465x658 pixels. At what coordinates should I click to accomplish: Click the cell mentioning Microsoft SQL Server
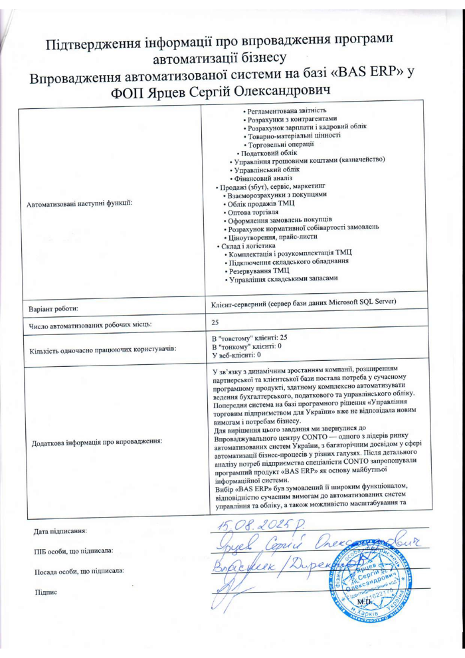(303, 302)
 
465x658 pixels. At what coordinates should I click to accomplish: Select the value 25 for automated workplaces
(215, 322)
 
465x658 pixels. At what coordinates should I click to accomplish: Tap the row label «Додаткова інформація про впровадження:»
(94, 441)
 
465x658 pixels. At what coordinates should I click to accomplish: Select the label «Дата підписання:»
(60, 531)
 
